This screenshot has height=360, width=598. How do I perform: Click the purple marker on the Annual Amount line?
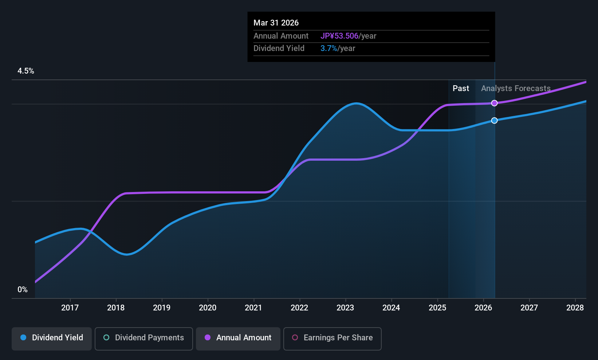tap(494, 103)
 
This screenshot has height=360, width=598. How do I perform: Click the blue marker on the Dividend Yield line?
tap(494, 121)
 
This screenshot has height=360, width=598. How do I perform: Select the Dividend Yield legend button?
tap(52, 338)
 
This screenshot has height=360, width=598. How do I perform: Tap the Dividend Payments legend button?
tap(143, 338)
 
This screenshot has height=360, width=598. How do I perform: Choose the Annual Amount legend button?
tap(238, 338)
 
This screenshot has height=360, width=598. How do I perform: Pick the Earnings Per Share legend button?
tap(332, 338)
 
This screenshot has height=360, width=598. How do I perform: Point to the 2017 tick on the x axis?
tap(70, 308)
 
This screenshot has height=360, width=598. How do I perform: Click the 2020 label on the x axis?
tap(208, 308)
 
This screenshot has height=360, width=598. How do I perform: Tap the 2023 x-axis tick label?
tap(345, 308)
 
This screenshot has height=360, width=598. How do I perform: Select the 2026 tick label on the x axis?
tap(483, 308)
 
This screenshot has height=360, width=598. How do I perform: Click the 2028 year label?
tap(575, 308)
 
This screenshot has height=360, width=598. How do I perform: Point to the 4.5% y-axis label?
tap(26, 71)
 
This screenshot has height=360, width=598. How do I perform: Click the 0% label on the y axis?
tap(23, 290)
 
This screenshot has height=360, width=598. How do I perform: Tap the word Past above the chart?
tap(461, 89)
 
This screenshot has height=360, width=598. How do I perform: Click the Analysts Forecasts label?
tap(516, 89)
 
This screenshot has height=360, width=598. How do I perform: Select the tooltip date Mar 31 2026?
tap(276, 23)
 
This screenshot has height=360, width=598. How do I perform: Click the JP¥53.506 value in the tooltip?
tap(339, 36)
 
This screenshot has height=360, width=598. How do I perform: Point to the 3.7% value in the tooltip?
tap(328, 48)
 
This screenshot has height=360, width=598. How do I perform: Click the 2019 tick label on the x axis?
tap(162, 308)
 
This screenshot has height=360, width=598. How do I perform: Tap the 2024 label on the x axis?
tap(391, 308)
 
